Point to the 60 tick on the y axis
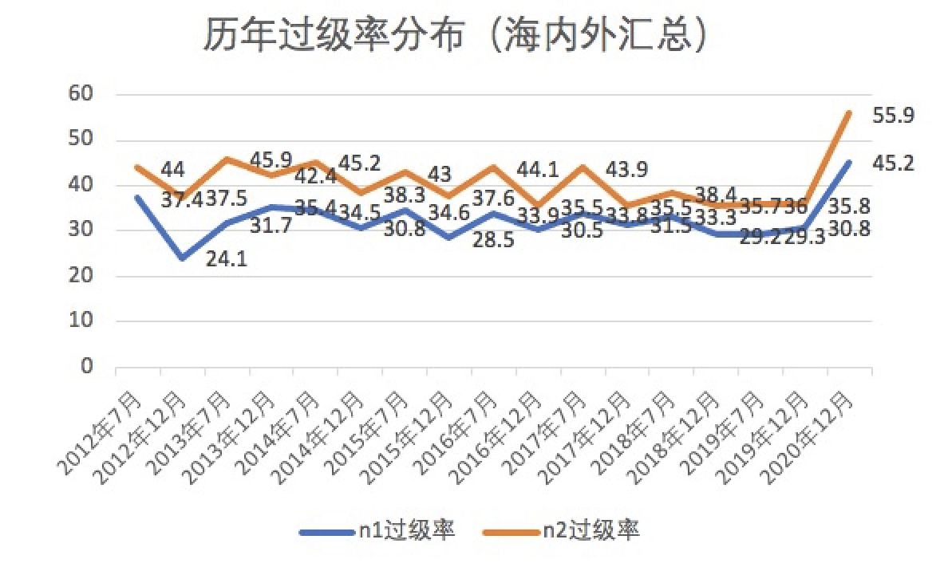coord(82,95)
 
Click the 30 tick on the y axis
coord(82,231)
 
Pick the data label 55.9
coord(893,116)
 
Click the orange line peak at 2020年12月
coord(848,113)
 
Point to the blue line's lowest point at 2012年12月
coord(183,258)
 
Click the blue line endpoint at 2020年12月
coord(848,162)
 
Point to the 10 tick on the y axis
coord(82,322)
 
